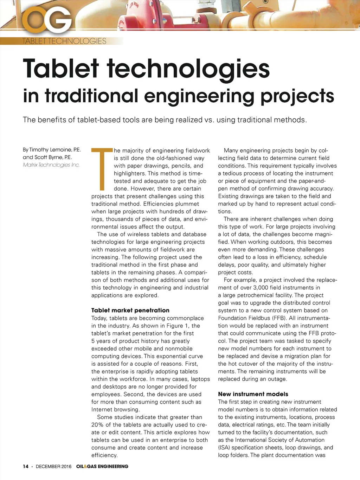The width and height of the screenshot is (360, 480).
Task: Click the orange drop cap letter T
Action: (102, 169)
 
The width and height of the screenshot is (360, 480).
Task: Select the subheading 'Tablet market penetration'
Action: (130, 310)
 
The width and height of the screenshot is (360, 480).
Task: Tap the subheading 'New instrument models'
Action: (253, 394)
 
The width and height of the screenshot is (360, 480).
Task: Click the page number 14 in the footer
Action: (25, 466)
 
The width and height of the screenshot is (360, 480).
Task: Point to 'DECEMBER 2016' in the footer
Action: (53, 466)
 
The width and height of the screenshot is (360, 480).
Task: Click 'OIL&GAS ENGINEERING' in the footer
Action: (102, 466)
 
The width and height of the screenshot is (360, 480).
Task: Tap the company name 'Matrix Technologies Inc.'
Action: (51, 165)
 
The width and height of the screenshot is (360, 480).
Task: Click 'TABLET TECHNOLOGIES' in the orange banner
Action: (64, 41)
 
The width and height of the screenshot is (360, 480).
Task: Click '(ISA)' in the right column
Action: (224, 447)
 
